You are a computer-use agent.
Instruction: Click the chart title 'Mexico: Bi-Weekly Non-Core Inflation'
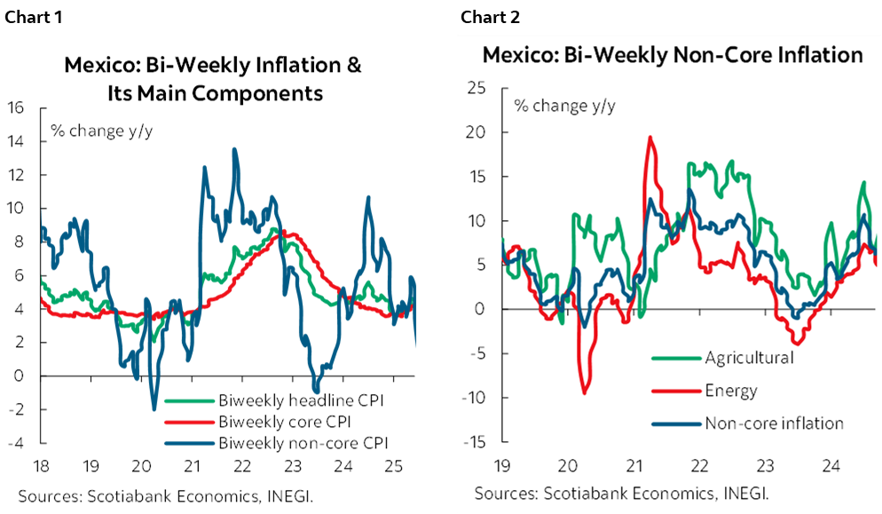coord(672,55)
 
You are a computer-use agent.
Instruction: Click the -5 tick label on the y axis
coord(476,353)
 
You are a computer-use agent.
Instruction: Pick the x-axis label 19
coord(503,464)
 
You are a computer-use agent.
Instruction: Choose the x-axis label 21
coord(634,464)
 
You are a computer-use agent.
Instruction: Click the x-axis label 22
coord(698,464)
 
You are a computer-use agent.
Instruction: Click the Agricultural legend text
coord(749,358)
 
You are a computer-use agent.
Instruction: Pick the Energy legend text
coord(731,391)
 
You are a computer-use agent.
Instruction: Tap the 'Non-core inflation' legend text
coord(774,423)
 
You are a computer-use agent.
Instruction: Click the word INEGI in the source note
coord(757,492)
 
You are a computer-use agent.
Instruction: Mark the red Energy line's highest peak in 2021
coord(650,138)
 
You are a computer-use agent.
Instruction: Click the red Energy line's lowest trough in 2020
coord(585,391)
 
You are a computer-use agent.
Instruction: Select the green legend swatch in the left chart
coord(189,401)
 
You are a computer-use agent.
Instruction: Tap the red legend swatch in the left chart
coord(189,423)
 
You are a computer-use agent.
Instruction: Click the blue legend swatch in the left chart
coord(189,443)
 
